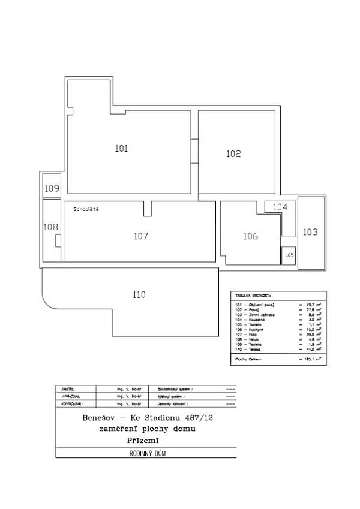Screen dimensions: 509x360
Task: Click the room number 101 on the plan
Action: pyautogui.click(x=121, y=149)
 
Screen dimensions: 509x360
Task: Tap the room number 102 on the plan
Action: pyautogui.click(x=233, y=154)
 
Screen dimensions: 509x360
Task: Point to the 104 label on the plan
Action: pyautogui.click(x=280, y=207)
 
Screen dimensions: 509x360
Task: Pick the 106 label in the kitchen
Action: pyautogui.click(x=250, y=236)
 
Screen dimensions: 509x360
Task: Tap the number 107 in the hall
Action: pyautogui.click(x=140, y=236)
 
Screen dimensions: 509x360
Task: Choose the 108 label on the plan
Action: pyautogui.click(x=51, y=227)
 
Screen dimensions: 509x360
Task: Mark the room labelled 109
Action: pyautogui.click(x=52, y=189)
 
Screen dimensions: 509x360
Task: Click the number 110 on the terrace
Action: pyautogui.click(x=139, y=294)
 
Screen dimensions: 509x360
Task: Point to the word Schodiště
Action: pyautogui.click(x=86, y=210)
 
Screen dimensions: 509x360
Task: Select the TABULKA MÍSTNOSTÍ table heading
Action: pyautogui.click(x=253, y=296)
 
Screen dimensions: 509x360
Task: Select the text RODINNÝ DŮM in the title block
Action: pyautogui.click(x=146, y=454)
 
